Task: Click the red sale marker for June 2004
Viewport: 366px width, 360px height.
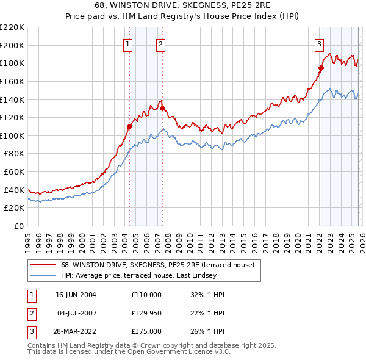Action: click(129, 126)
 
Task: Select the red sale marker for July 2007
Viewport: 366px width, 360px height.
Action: click(162, 108)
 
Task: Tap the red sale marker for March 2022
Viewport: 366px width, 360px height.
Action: click(321, 68)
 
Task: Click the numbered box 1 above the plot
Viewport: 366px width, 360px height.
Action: click(128, 43)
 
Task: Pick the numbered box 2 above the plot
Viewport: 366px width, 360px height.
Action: click(160, 43)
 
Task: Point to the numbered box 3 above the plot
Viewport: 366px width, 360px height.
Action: click(319, 43)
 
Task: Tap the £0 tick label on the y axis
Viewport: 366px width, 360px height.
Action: click(18, 226)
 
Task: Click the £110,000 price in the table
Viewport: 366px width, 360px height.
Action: click(146, 295)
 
